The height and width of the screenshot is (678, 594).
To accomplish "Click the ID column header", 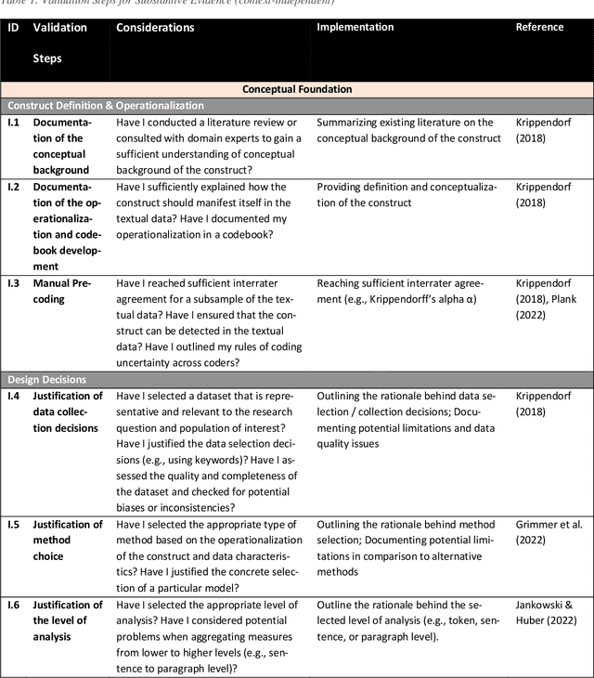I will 13,28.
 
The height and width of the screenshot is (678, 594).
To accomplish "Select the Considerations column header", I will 155,28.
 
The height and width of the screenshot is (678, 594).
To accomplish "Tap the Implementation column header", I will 355,28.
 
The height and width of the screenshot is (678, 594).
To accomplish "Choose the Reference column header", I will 539,28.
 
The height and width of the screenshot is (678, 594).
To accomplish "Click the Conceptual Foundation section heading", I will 297,89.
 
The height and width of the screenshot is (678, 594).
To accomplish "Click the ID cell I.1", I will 14,123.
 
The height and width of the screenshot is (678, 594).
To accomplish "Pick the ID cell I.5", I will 14,524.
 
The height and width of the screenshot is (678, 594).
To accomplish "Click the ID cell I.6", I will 14,604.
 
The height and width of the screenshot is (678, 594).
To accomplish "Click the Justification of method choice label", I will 68,540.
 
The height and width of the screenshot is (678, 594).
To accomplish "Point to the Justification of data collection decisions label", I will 68,411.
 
